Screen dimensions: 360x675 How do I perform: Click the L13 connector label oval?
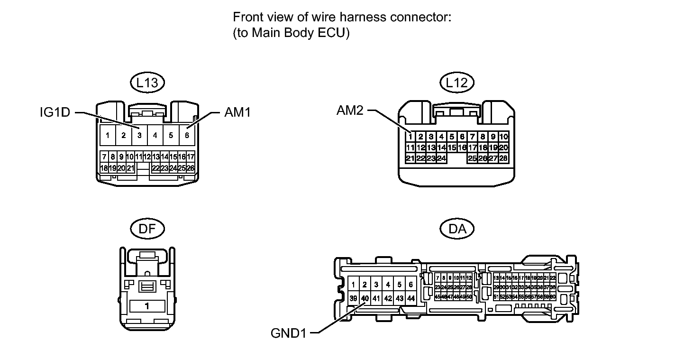click(147, 83)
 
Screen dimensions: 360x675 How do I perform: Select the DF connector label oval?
click(147, 229)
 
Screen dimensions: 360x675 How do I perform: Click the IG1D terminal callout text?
click(55, 113)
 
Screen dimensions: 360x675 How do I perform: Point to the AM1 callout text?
click(237, 113)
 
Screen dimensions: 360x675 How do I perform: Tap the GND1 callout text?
click(289, 333)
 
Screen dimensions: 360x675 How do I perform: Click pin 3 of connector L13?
click(139, 135)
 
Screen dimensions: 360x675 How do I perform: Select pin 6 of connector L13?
click(187, 135)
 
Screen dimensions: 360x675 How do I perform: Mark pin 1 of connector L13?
click(108, 135)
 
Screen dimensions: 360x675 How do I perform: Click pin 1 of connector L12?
click(410, 137)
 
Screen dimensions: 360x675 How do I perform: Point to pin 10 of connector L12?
click(503, 137)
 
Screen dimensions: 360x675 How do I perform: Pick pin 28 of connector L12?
click(503, 158)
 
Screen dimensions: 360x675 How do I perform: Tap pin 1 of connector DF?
click(147, 306)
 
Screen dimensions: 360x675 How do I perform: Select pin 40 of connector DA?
click(365, 298)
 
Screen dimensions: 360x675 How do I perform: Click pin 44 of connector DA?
click(411, 298)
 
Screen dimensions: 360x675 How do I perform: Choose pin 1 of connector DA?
click(353, 285)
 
